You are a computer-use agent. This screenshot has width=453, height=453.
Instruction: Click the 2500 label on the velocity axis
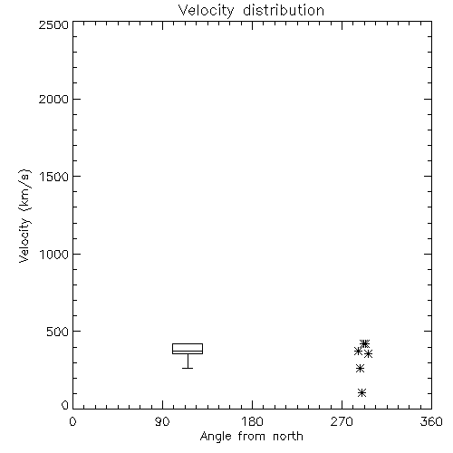pyautogui.click(x=53, y=24)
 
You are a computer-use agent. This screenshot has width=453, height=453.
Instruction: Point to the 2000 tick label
pyautogui.click(x=53, y=99)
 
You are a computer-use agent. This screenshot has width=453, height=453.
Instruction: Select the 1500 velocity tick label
pyautogui.click(x=54, y=177)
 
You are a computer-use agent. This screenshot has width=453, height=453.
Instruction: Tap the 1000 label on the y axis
pyautogui.click(x=54, y=254)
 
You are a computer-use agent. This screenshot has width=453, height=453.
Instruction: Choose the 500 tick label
pyautogui.click(x=58, y=332)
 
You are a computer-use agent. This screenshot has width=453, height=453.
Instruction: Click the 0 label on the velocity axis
pyautogui.click(x=65, y=405)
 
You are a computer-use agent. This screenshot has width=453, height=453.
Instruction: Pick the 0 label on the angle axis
pyautogui.click(x=72, y=421)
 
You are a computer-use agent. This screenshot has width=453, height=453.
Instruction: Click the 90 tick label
pyautogui.click(x=162, y=421)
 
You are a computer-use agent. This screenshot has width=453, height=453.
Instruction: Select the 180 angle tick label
pyautogui.click(x=252, y=421)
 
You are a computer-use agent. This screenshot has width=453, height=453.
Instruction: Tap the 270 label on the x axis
pyautogui.click(x=342, y=421)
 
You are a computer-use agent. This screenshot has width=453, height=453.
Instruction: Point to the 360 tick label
pyautogui.click(x=431, y=421)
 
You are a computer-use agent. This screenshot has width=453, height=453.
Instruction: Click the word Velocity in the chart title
pyautogui.click(x=207, y=11)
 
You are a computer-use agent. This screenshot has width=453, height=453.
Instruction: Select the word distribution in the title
pyautogui.click(x=284, y=10)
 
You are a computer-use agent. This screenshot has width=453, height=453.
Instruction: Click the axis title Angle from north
pyautogui.click(x=252, y=437)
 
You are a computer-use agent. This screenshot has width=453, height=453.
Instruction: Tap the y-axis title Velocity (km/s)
pyautogui.click(x=24, y=216)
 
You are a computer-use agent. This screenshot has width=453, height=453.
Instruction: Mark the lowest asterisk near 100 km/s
pyautogui.click(x=361, y=392)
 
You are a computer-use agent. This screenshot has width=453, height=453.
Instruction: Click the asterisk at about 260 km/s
pyautogui.click(x=360, y=368)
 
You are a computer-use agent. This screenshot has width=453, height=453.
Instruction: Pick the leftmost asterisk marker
pyautogui.click(x=358, y=352)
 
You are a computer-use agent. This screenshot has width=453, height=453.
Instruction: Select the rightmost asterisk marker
pyautogui.click(x=368, y=353)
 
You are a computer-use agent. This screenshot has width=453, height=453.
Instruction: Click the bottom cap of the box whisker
pyautogui.click(x=188, y=368)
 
